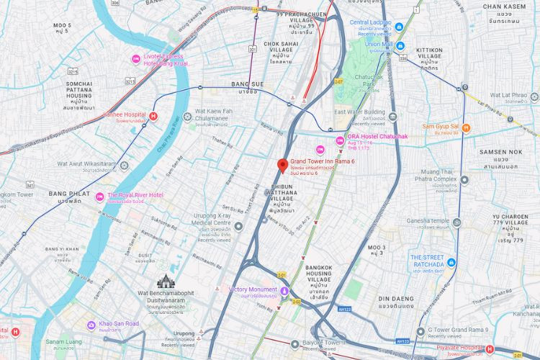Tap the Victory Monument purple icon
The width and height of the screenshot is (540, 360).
(284, 291)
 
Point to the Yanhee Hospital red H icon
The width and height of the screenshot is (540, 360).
(153, 115)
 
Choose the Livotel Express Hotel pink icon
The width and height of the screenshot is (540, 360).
(135, 58)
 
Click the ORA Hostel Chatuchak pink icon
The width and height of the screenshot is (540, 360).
(340, 139)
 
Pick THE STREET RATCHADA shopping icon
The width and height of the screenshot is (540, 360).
(451, 262)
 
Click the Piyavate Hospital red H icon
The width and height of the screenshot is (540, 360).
(490, 349)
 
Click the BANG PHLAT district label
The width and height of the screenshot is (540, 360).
(68, 194)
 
